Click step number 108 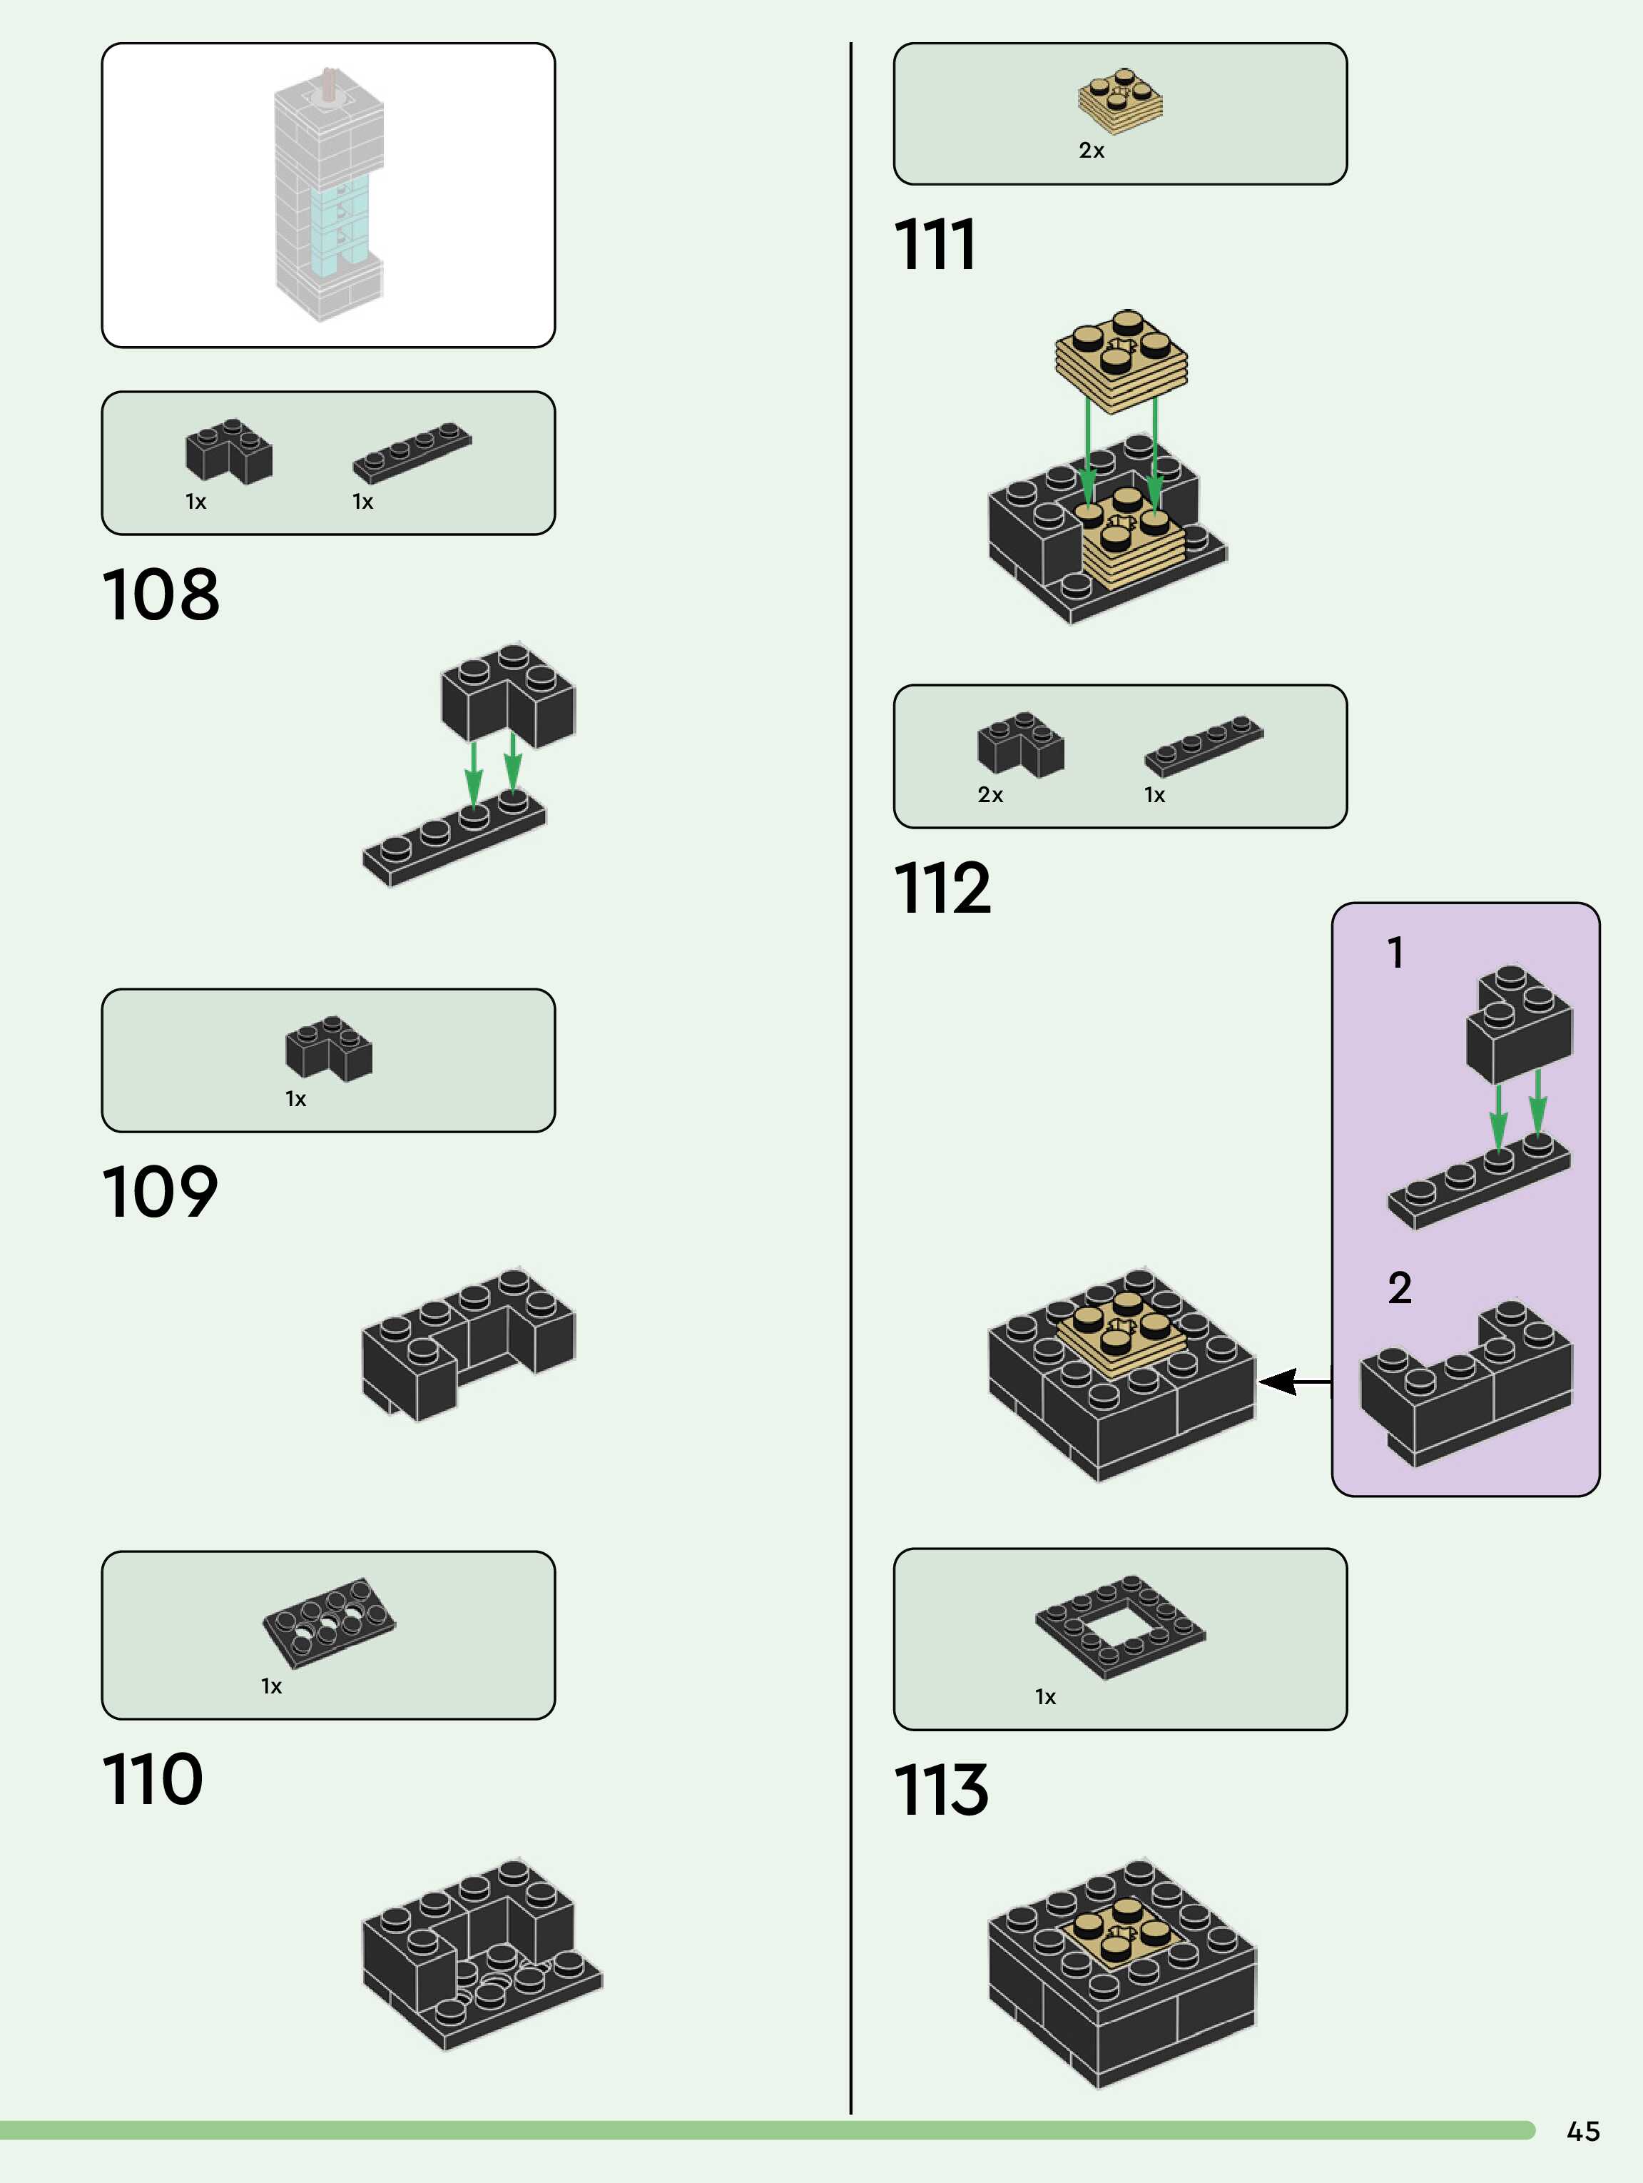[x=161, y=594]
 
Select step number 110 [x=152, y=1778]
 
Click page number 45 [x=1583, y=2131]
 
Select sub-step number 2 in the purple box [x=1399, y=1289]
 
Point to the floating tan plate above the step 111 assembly [x=1121, y=360]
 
